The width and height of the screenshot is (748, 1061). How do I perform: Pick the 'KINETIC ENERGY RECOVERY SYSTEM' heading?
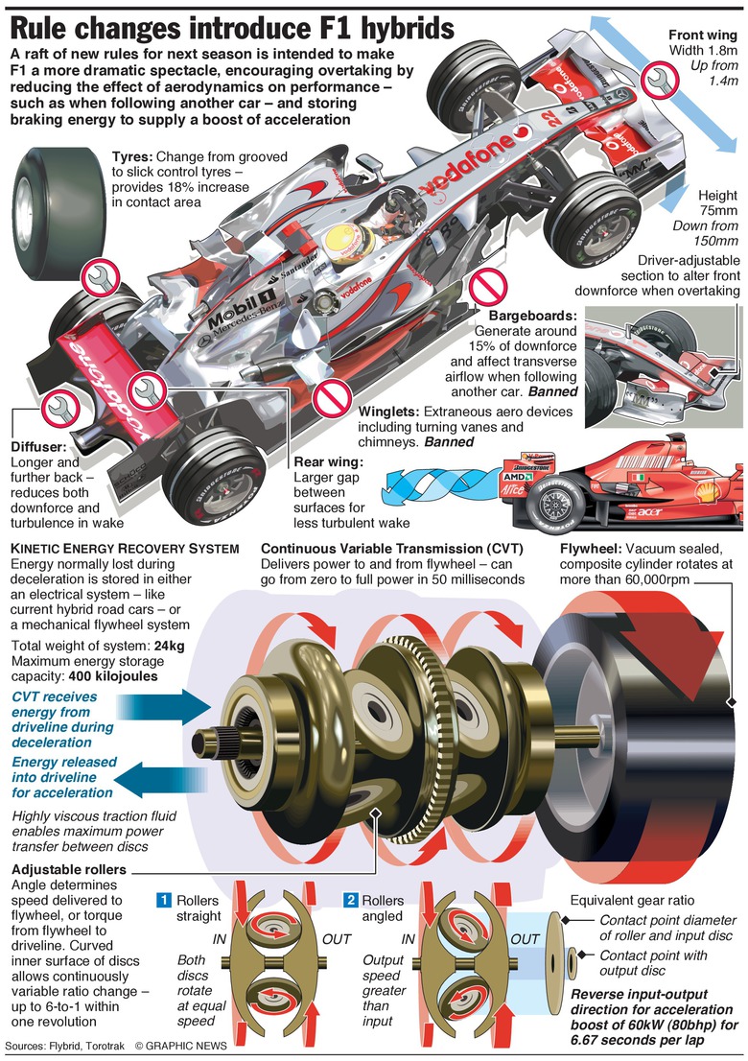point(124,548)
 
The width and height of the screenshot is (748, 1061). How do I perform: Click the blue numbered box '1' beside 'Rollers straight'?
point(165,901)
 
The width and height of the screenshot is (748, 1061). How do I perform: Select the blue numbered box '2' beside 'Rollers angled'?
point(351,901)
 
